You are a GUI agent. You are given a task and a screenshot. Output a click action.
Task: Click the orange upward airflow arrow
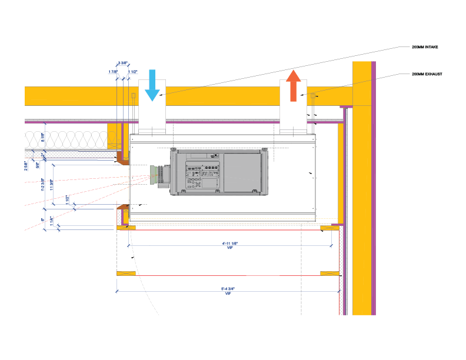coord(293,85)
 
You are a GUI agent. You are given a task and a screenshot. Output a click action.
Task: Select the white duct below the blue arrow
coord(152,118)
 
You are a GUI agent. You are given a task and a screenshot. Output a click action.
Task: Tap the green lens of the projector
coord(154,175)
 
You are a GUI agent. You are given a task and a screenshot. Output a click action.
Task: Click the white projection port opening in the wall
coord(122,184)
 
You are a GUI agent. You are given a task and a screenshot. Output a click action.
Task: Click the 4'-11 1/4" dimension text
coord(229,244)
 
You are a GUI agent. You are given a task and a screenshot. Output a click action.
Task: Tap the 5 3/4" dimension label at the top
coord(122,63)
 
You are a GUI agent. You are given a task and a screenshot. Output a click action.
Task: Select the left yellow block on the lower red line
coord(126,274)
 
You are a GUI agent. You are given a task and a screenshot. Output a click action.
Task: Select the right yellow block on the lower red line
coord(329,274)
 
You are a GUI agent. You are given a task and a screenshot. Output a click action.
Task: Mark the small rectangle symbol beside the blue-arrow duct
coord(134,96)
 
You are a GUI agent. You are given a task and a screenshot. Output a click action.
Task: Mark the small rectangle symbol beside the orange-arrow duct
coord(312,96)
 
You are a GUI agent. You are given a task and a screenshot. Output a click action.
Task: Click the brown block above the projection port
coord(122,158)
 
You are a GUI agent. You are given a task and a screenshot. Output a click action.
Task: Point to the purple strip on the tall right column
coord(374,188)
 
